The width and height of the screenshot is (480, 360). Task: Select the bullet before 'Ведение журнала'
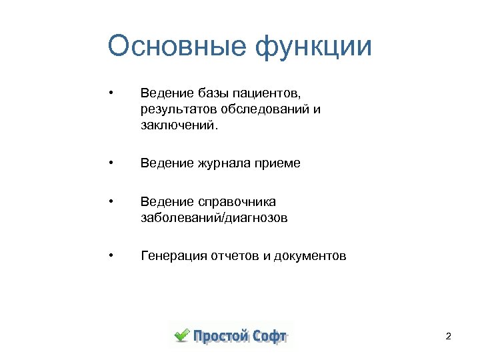tap(114, 162)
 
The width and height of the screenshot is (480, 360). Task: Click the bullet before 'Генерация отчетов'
tap(114, 254)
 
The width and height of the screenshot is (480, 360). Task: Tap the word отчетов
tap(235, 256)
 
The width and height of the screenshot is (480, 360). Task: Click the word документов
tap(311, 256)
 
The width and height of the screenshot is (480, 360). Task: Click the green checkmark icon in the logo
tap(181, 335)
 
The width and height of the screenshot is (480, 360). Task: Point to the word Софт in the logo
tap(269, 335)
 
